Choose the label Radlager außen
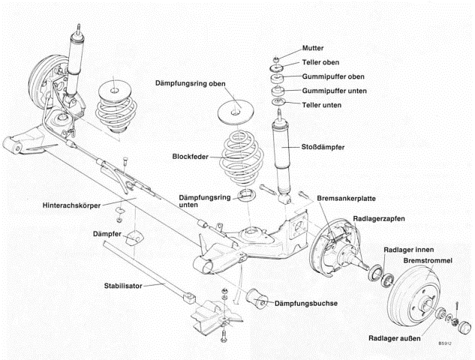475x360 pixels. tap(394, 337)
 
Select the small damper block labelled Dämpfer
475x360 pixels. tap(134, 241)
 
